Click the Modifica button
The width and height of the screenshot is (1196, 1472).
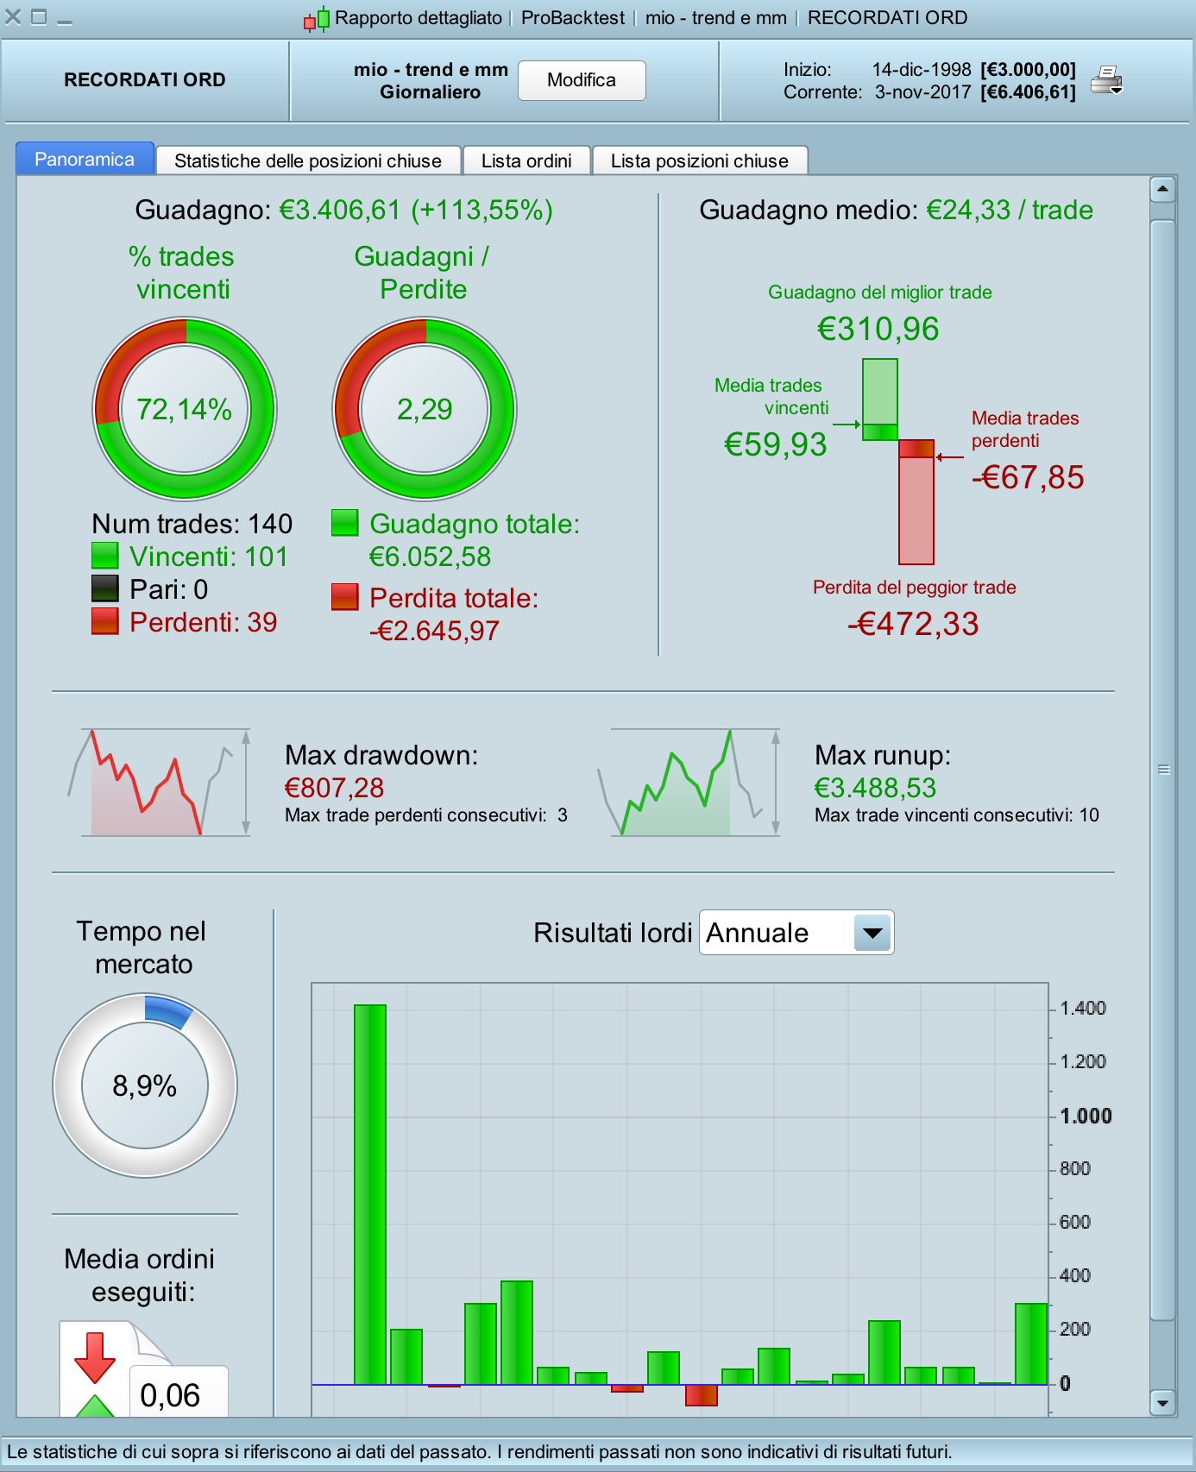click(582, 80)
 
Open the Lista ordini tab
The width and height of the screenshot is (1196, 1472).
click(526, 161)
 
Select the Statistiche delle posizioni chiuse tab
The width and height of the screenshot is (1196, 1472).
click(307, 161)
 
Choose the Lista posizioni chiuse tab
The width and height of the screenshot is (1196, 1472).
click(699, 161)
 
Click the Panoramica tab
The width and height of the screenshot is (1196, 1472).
click(85, 160)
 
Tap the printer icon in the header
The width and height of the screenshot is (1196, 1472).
click(1106, 80)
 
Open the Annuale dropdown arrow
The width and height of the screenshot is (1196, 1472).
click(872, 933)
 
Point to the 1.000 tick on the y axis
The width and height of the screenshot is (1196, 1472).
click(1086, 1116)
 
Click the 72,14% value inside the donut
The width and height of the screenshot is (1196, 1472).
click(185, 409)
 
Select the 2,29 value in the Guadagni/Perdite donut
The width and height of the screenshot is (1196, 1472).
click(425, 409)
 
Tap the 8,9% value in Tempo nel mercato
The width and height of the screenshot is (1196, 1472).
click(145, 1085)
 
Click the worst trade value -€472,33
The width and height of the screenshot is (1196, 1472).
click(913, 624)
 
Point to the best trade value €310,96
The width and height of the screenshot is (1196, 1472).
click(878, 329)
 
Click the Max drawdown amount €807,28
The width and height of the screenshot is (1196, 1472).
click(334, 788)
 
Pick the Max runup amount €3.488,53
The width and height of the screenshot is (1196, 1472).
click(875, 788)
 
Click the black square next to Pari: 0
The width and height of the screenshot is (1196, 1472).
click(104, 588)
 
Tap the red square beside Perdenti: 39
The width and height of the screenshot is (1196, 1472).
click(104, 621)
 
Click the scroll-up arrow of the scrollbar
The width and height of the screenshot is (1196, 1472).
click(1163, 188)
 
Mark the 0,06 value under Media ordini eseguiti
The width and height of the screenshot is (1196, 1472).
click(170, 1394)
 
